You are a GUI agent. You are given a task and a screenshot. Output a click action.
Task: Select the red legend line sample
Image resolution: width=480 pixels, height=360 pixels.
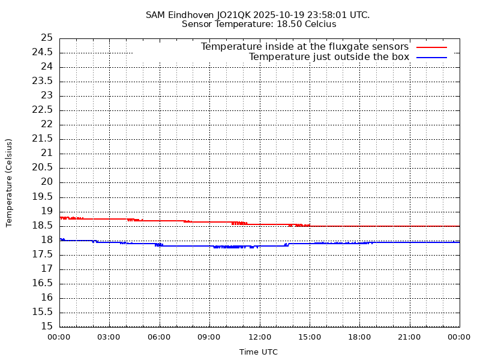pos(432,47)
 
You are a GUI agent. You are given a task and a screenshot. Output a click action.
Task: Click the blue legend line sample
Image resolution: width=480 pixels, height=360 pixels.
pos(432,57)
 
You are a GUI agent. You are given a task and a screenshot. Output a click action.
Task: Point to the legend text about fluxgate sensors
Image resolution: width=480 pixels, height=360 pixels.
pos(305,47)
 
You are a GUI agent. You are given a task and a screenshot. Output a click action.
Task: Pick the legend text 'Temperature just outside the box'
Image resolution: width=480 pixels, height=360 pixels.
pos(329,57)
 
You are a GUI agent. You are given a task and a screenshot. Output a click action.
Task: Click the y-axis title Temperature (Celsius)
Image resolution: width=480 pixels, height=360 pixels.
pos(9,182)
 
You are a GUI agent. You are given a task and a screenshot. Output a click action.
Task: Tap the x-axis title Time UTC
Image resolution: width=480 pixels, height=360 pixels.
pos(259,352)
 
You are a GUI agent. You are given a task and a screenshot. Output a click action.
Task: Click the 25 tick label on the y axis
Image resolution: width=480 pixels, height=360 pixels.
pos(47,38)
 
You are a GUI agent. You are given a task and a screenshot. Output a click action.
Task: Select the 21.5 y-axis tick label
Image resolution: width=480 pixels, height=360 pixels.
pos(42,139)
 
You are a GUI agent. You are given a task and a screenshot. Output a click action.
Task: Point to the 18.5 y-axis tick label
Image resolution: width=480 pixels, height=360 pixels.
pos(42,226)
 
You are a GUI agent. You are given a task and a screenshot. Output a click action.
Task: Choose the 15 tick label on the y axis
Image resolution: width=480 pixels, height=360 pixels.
pos(47,326)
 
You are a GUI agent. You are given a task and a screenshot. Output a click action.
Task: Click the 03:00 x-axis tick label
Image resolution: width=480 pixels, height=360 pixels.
pos(109,337)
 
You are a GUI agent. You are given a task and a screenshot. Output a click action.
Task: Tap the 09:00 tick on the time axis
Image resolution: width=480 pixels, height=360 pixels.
pos(209,337)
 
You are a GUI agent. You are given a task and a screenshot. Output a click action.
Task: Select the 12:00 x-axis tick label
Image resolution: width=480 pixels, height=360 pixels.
pos(259,337)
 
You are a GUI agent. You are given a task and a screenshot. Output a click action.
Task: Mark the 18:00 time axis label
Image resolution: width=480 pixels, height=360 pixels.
pos(359,337)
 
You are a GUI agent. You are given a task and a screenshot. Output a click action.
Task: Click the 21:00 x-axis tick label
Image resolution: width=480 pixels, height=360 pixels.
pos(409,337)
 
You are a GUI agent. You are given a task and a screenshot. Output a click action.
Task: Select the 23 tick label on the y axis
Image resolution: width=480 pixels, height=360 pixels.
pos(47,95)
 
